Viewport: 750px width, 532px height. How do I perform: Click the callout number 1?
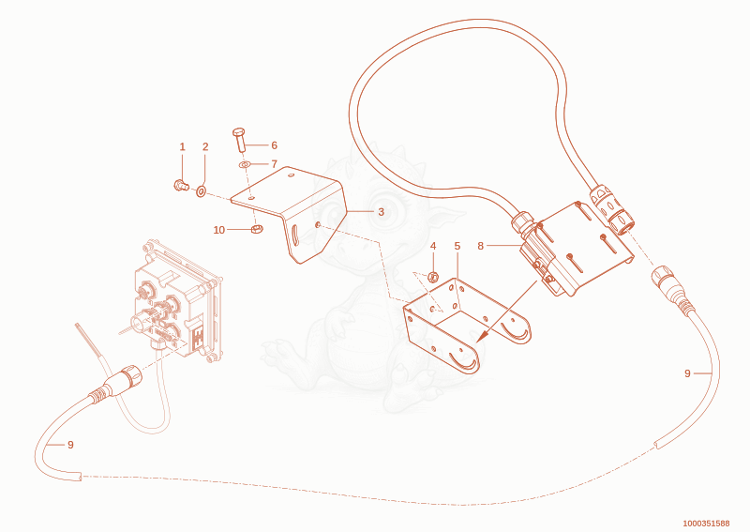click(182, 147)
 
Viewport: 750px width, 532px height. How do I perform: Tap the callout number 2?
click(205, 147)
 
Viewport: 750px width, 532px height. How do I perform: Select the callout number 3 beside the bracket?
click(381, 212)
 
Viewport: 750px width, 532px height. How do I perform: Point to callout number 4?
click(433, 246)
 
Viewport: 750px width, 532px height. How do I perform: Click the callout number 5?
click(457, 246)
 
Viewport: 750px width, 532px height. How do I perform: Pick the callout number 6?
click(274, 145)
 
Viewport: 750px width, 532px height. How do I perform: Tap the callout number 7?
click(274, 164)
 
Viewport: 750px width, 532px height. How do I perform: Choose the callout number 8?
click(481, 246)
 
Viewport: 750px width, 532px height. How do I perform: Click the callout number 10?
click(219, 230)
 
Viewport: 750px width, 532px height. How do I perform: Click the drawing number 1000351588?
click(706, 524)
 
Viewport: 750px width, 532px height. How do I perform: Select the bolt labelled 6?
click(239, 140)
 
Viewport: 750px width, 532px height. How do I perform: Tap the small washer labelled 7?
click(245, 165)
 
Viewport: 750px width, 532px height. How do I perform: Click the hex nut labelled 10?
click(256, 229)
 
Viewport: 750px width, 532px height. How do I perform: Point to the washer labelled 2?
click(201, 192)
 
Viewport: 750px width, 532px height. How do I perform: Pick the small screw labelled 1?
click(181, 185)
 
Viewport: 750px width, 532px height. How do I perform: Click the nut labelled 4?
click(433, 277)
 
